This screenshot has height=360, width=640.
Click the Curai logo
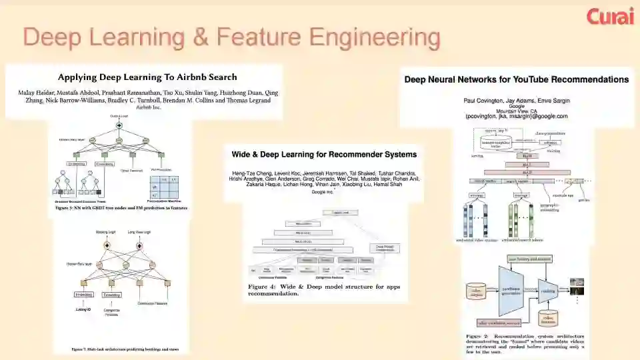click(x=609, y=16)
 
